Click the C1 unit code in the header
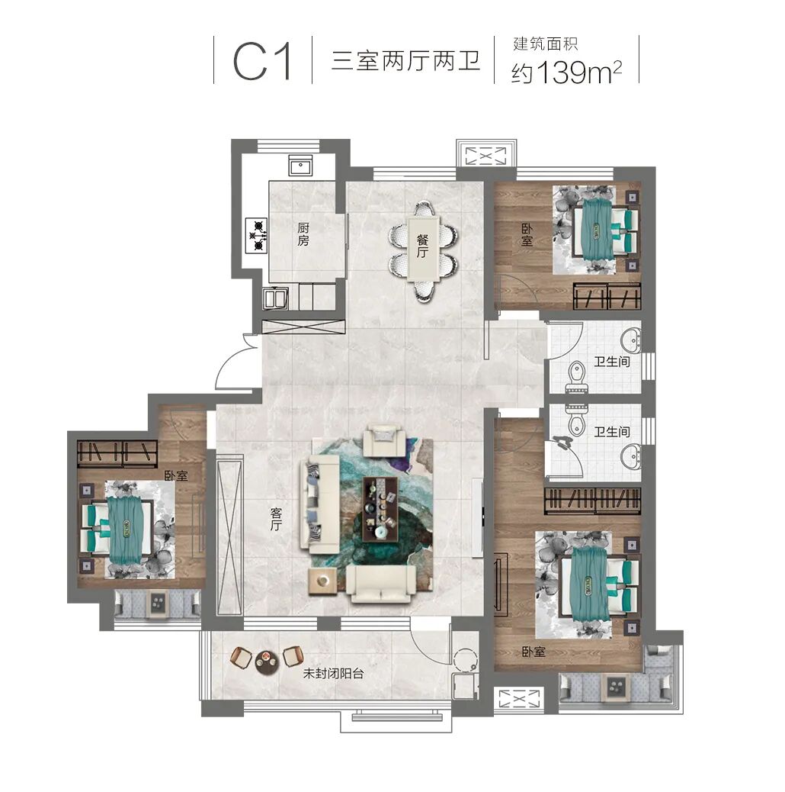(262, 61)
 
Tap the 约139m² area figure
(566, 72)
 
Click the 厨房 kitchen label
(303, 234)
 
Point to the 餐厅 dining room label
(422, 246)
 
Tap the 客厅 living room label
(275, 520)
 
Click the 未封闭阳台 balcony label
(333, 673)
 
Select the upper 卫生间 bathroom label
(611, 361)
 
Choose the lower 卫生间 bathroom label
(611, 432)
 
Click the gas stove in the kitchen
(256, 235)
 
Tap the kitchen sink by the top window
(300, 165)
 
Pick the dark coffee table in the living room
(380, 509)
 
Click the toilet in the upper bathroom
(576, 376)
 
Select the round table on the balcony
(266, 662)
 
